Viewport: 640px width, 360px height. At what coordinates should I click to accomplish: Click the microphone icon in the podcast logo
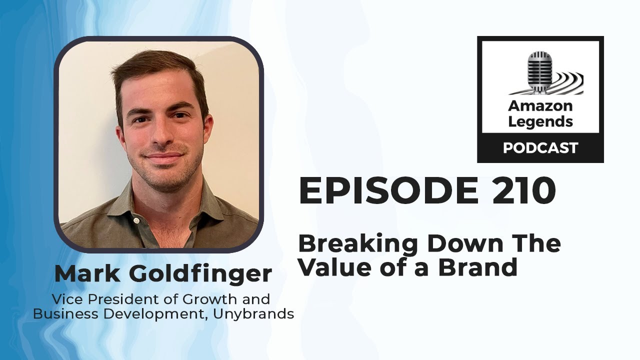(538, 72)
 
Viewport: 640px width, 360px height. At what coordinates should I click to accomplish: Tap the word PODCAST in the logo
(540, 148)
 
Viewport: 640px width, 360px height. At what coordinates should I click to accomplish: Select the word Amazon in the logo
(540, 105)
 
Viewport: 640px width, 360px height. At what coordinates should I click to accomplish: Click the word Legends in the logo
(540, 121)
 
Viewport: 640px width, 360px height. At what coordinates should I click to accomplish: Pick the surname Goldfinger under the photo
(200, 274)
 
